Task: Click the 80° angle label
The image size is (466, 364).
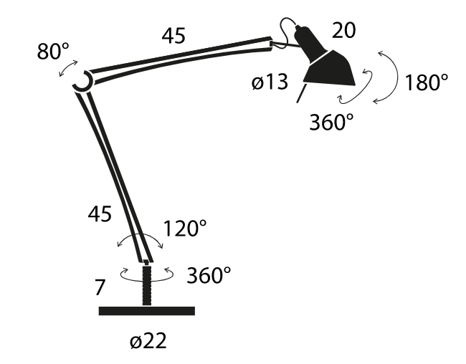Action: point(53,51)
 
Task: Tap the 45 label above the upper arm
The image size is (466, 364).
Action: point(173,36)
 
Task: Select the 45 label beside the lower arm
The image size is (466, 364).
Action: point(100,214)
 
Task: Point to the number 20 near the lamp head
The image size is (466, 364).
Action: point(343,30)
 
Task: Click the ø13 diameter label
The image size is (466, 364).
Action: point(270,82)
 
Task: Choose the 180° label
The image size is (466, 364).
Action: point(426,82)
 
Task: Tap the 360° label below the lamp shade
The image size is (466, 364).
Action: point(331,122)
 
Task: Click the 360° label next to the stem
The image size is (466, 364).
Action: point(209,275)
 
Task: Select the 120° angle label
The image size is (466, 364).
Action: point(185,228)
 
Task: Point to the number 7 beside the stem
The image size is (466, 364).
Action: point(100,287)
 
